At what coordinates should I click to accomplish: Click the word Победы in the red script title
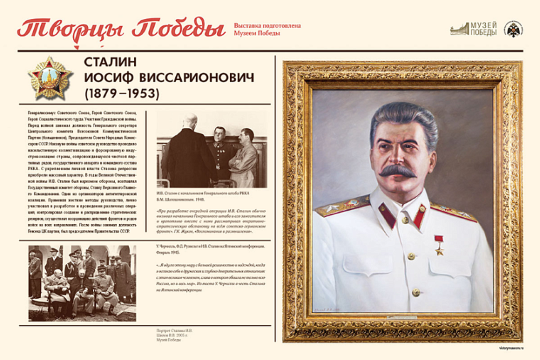pos(179,28)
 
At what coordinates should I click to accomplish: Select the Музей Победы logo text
pos(483,29)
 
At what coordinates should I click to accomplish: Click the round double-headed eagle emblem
pos(513,29)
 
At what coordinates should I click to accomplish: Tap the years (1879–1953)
pos(122,94)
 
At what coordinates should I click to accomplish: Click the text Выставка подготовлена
pos(267,26)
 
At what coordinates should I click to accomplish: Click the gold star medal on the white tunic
pos(439,245)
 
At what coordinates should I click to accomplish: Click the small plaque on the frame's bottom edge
pos(401,318)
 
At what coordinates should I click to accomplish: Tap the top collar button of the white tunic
pos(405,220)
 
